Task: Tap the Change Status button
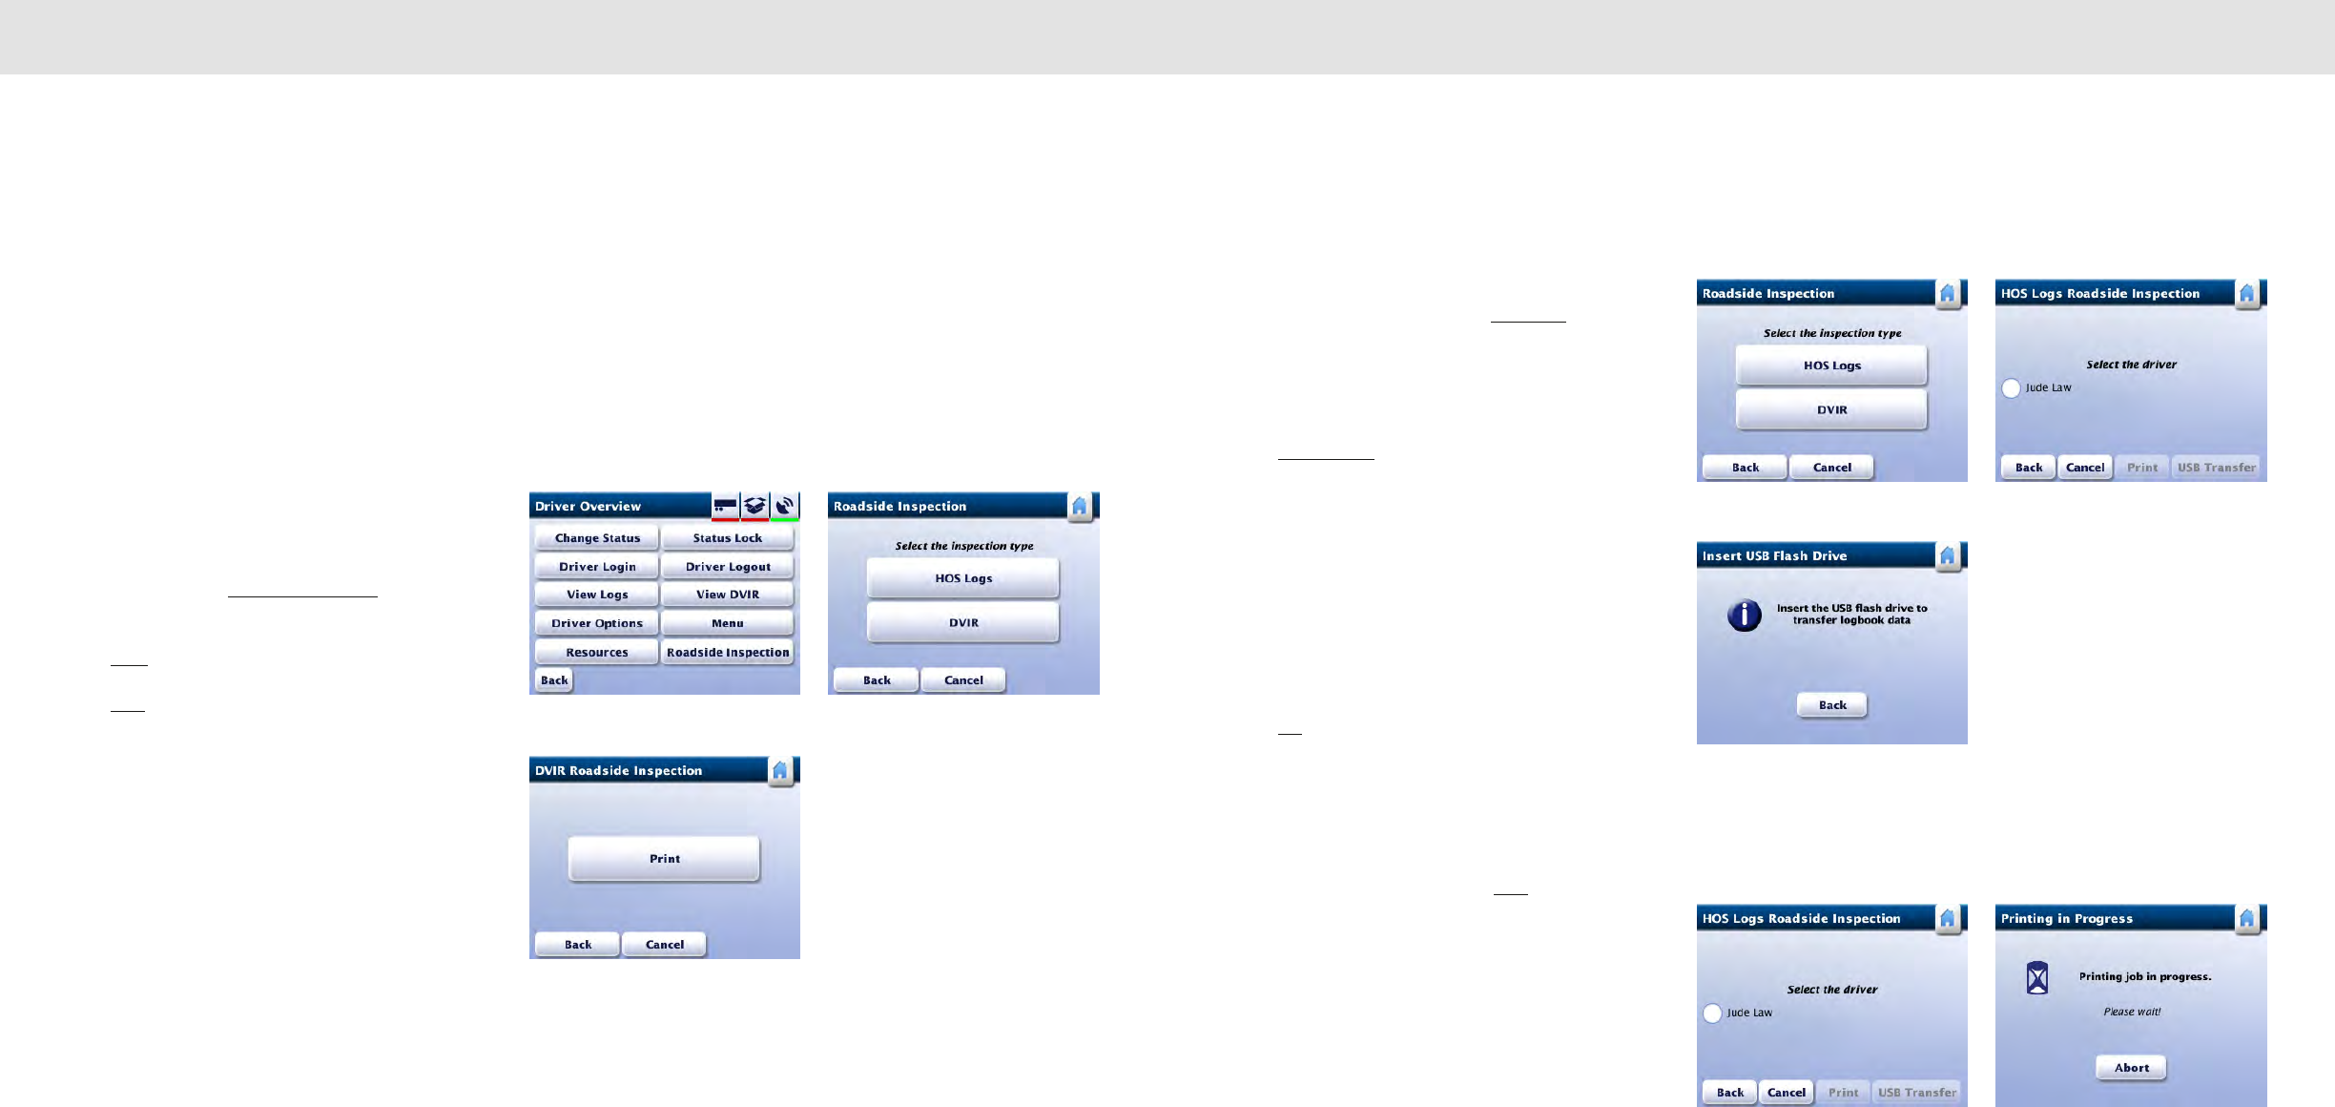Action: click(x=597, y=538)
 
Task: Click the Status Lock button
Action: click(x=727, y=538)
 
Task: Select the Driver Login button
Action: click(x=597, y=567)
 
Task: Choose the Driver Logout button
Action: click(x=727, y=567)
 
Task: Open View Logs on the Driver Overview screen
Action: click(x=597, y=595)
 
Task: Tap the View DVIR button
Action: click(x=727, y=595)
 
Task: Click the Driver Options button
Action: click(x=597, y=623)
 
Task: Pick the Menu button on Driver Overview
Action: click(x=727, y=623)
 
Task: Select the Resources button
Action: click(x=597, y=653)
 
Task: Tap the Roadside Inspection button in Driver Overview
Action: click(x=727, y=653)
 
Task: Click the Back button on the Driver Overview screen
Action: click(x=554, y=680)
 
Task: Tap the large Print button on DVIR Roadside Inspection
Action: click(x=665, y=859)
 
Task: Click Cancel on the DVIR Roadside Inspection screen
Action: click(x=665, y=945)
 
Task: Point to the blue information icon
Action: click(x=1745, y=615)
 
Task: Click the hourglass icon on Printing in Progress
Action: click(x=2037, y=978)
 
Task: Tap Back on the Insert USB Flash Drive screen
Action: click(x=1832, y=705)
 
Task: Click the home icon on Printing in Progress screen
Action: click(x=2247, y=918)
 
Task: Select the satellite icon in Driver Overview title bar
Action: click(x=785, y=506)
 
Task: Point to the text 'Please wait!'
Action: click(x=2132, y=1012)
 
